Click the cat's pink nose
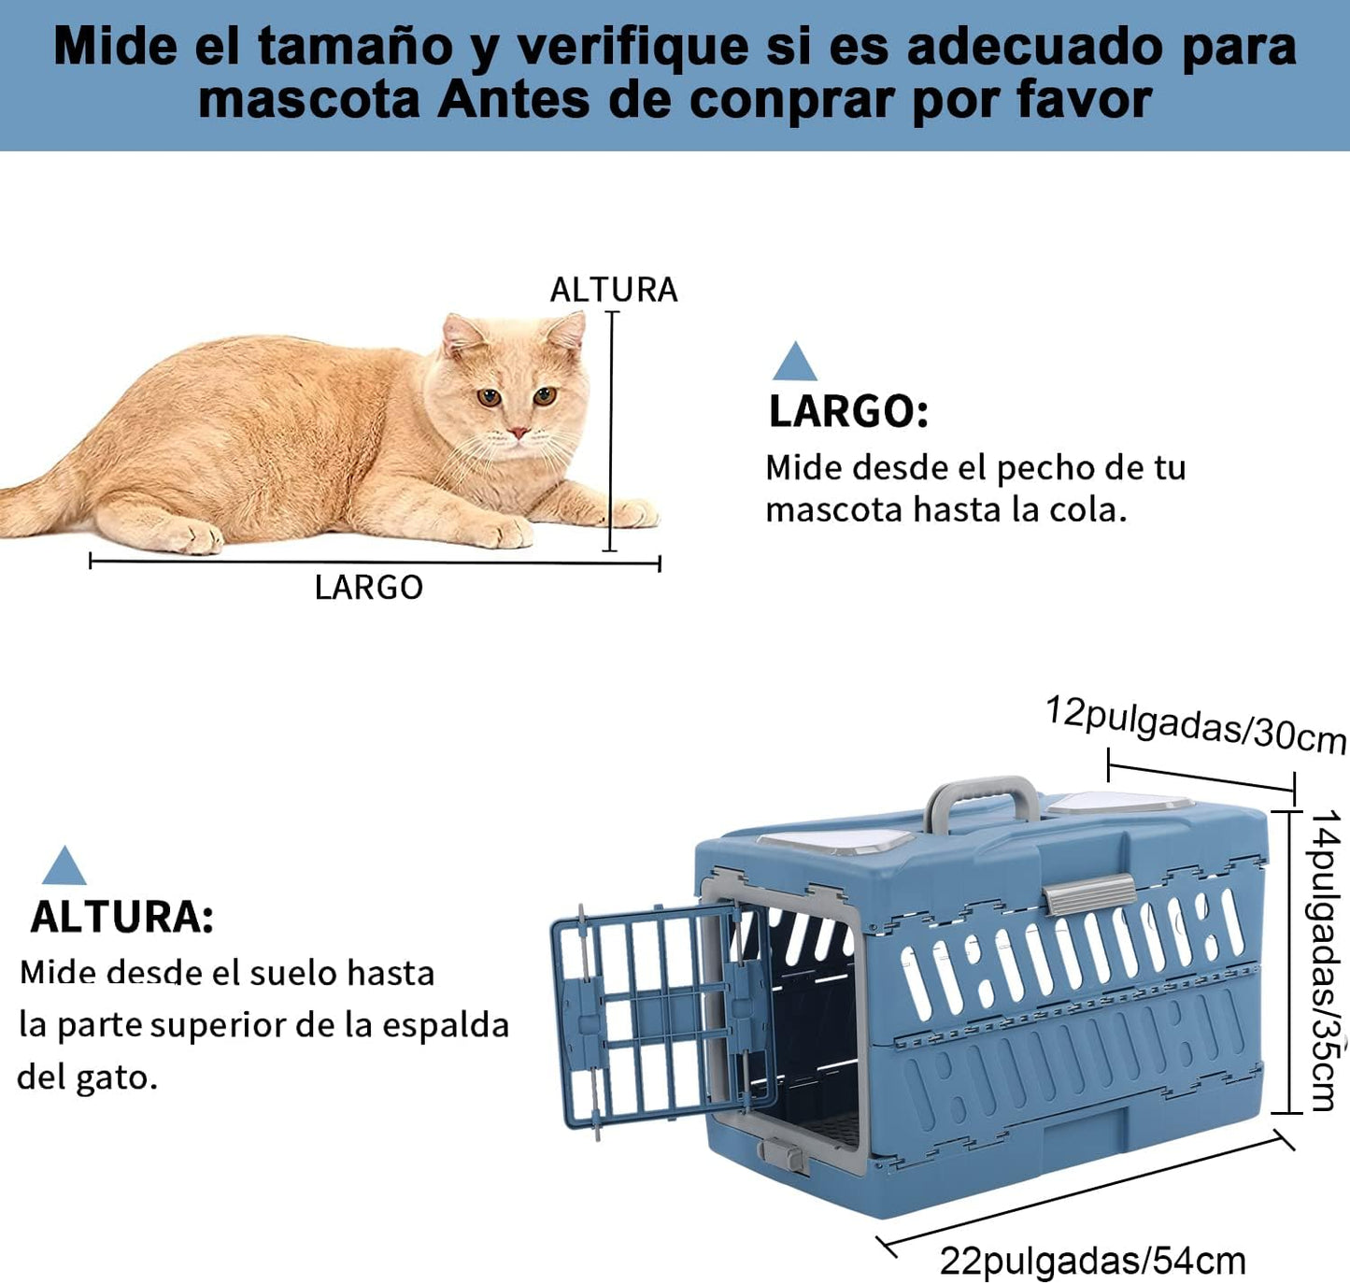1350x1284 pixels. point(519,433)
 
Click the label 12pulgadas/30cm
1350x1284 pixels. point(1196,724)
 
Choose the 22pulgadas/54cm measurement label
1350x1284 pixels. point(1092,1261)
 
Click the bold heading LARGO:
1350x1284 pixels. point(848,411)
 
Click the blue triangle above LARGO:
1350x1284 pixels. point(794,362)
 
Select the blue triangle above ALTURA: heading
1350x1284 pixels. point(64,865)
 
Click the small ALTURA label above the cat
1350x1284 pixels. point(614,289)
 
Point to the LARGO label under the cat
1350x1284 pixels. point(369,588)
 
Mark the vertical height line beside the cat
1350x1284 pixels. point(610,432)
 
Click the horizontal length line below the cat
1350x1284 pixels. point(375,562)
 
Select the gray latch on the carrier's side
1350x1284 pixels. point(1088,894)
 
